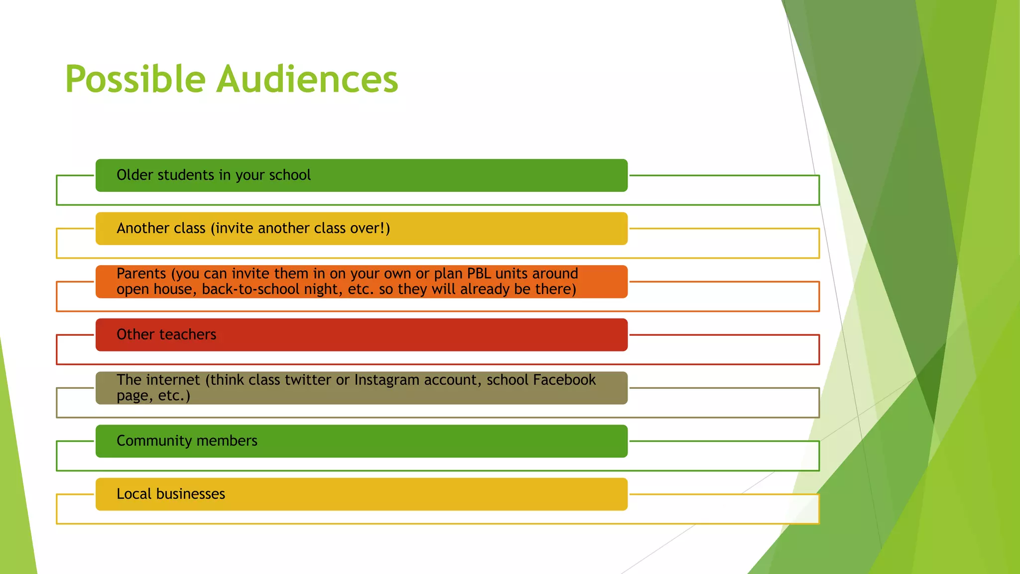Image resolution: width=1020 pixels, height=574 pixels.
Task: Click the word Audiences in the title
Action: (307, 80)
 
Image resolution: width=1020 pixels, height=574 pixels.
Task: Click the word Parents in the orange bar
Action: (141, 274)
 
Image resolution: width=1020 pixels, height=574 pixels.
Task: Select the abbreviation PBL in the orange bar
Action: (479, 274)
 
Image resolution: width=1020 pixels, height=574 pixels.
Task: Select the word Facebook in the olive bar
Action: (564, 380)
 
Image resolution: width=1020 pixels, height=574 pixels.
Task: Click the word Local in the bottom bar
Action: (134, 494)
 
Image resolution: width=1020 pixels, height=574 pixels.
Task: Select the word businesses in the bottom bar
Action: (191, 494)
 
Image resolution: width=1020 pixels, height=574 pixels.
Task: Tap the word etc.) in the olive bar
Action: (174, 396)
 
